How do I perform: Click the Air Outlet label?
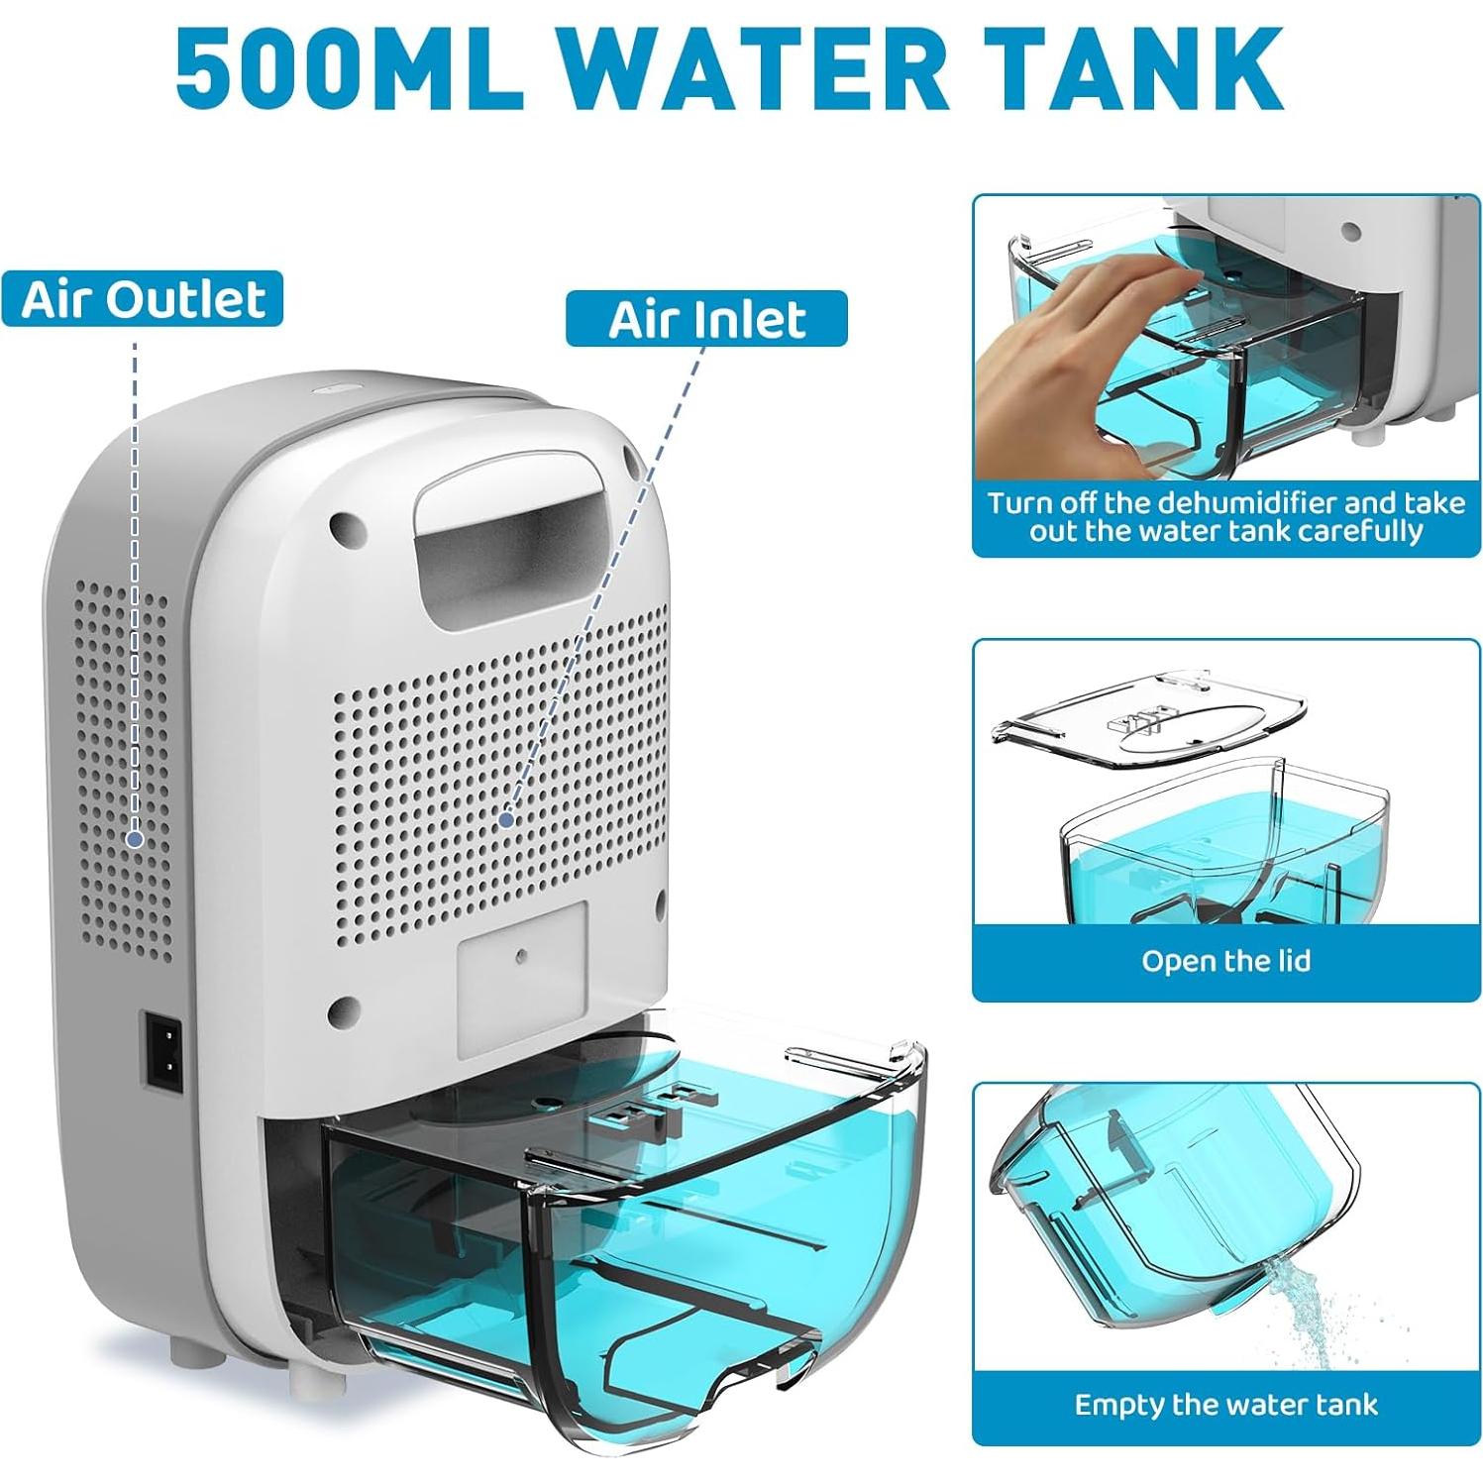(144, 299)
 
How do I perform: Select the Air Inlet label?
(706, 319)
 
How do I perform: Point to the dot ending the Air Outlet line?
(136, 839)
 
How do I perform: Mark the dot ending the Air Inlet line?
(506, 819)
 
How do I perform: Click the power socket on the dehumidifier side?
(164, 1049)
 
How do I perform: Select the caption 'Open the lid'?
(1225, 961)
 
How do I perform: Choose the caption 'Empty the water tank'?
(1225, 1405)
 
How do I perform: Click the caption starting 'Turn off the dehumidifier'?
(1225, 516)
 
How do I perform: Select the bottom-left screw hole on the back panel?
(345, 1010)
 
